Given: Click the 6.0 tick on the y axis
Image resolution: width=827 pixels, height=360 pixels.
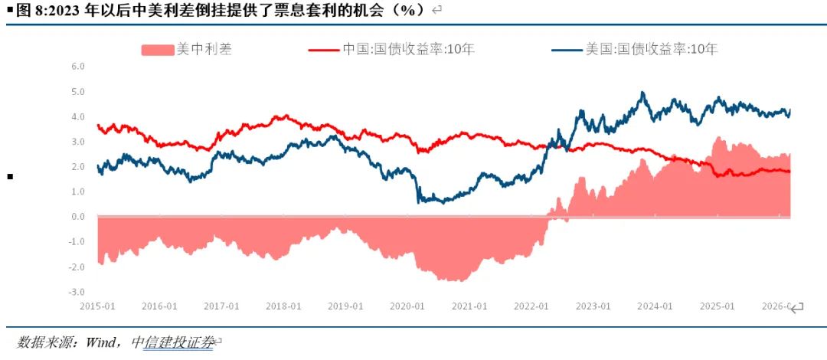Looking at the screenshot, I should coord(77,67).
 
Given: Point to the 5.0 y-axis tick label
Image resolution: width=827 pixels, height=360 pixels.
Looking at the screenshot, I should coord(77,92).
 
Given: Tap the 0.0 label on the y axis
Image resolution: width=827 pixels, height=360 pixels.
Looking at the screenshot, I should coord(77,217).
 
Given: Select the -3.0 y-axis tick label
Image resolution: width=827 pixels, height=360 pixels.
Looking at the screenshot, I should coord(77,292).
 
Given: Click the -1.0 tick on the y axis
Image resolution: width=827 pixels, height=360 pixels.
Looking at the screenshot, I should coord(77,242).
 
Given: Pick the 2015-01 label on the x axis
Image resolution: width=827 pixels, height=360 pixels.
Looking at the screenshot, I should coord(98,306).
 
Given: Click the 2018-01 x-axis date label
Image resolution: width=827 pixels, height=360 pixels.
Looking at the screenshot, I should coord(283,306).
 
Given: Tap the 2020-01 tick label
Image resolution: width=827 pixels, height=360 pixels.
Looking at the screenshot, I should coord(407,306).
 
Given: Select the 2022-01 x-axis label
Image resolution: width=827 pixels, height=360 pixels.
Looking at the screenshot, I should coord(531,306).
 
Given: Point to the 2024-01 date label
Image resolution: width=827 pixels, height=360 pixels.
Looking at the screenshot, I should coord(655,306).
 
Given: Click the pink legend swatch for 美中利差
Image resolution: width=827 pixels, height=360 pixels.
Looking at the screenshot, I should coord(158,50).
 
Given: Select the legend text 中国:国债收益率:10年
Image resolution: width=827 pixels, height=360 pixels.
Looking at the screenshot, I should coord(408,50).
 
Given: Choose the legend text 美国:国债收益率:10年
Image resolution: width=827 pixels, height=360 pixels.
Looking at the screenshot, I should coord(652,50).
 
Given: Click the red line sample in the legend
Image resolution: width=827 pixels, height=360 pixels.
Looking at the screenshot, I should coord(322,50).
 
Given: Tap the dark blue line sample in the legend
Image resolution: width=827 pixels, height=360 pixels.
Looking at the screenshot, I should coord(566,50).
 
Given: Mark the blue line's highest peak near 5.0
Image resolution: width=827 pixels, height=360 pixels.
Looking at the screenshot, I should coord(642,93).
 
